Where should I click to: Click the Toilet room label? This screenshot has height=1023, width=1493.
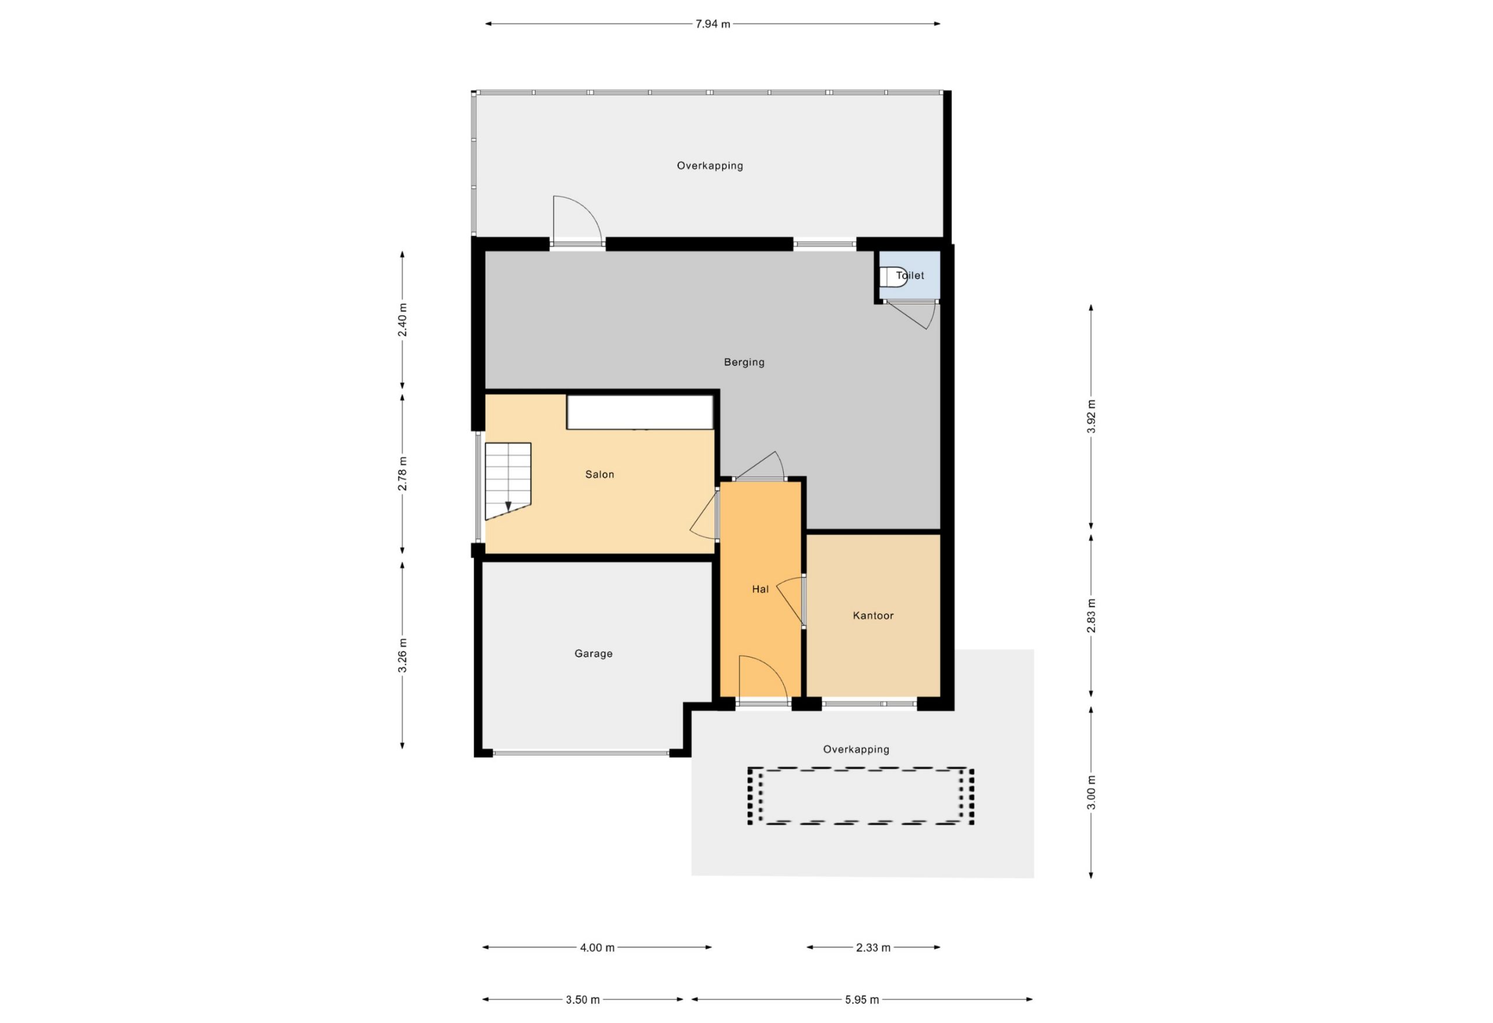click(x=910, y=276)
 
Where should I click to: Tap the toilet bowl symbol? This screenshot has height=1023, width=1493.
click(x=893, y=277)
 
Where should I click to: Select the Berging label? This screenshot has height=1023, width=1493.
click(x=744, y=362)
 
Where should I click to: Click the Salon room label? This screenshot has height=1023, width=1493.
click(x=600, y=474)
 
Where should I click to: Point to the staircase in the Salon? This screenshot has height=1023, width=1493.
click(x=507, y=481)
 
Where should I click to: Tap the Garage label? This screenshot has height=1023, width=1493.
click(x=593, y=654)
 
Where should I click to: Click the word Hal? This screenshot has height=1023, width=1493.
click(x=760, y=589)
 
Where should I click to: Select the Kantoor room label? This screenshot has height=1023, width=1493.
click(x=873, y=615)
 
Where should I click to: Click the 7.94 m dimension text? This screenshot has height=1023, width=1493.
click(x=713, y=24)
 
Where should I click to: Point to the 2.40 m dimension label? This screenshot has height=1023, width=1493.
click(x=402, y=320)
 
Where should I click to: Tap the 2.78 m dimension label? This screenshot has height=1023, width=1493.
click(x=402, y=473)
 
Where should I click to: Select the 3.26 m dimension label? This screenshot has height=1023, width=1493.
click(x=402, y=656)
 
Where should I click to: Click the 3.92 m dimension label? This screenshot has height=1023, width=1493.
click(x=1091, y=416)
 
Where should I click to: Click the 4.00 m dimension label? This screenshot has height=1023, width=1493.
click(x=597, y=947)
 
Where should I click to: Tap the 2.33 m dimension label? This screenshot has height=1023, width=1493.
click(x=873, y=947)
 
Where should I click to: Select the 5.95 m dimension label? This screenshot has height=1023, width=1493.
click(x=861, y=999)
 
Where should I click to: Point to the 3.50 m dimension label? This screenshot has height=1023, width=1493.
click(x=583, y=999)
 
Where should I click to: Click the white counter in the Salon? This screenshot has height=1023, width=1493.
click(x=640, y=412)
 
